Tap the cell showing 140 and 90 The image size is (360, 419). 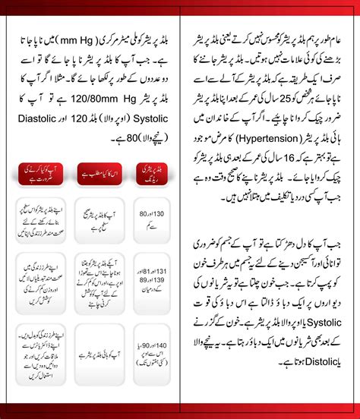(149, 352)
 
